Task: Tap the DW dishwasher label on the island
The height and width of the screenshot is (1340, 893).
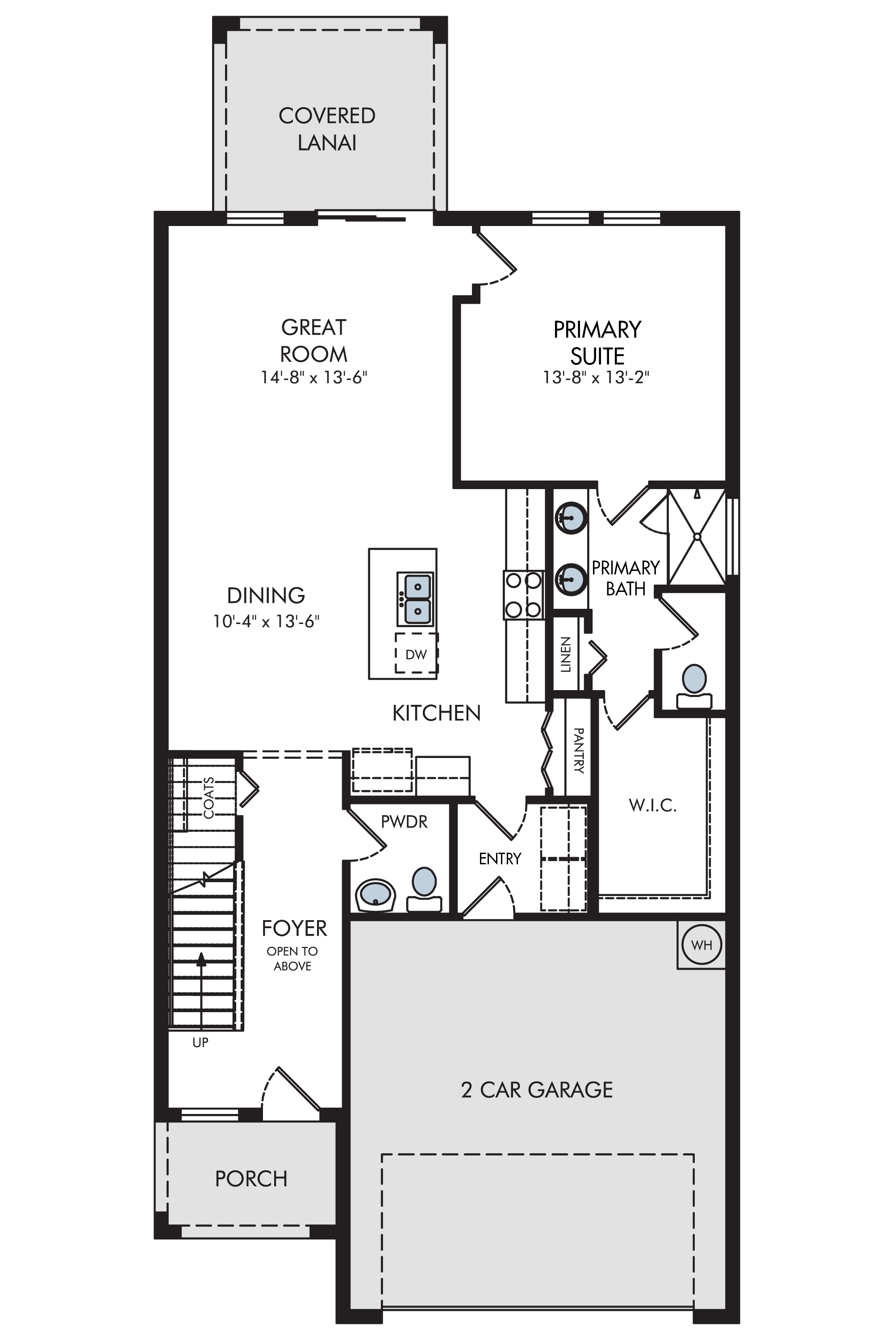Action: point(416,655)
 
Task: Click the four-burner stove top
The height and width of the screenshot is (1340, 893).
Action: point(523,595)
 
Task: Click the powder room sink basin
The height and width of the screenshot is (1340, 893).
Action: point(376,895)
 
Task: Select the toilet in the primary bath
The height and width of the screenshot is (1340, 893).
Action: point(694,687)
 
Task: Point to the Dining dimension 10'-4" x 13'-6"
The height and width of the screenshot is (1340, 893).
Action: point(266,621)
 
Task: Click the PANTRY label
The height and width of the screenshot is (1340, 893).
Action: point(579,750)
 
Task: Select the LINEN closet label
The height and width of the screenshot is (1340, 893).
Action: point(566,655)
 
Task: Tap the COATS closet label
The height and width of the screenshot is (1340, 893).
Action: point(209,798)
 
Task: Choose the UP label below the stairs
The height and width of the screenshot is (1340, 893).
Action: point(200,1043)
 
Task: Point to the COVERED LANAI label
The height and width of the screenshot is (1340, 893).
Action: point(327,130)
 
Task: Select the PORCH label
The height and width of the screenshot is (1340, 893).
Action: point(250,1179)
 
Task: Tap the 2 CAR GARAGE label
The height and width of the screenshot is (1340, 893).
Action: point(537,1090)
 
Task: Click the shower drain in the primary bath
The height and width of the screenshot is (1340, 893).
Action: point(697,536)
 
